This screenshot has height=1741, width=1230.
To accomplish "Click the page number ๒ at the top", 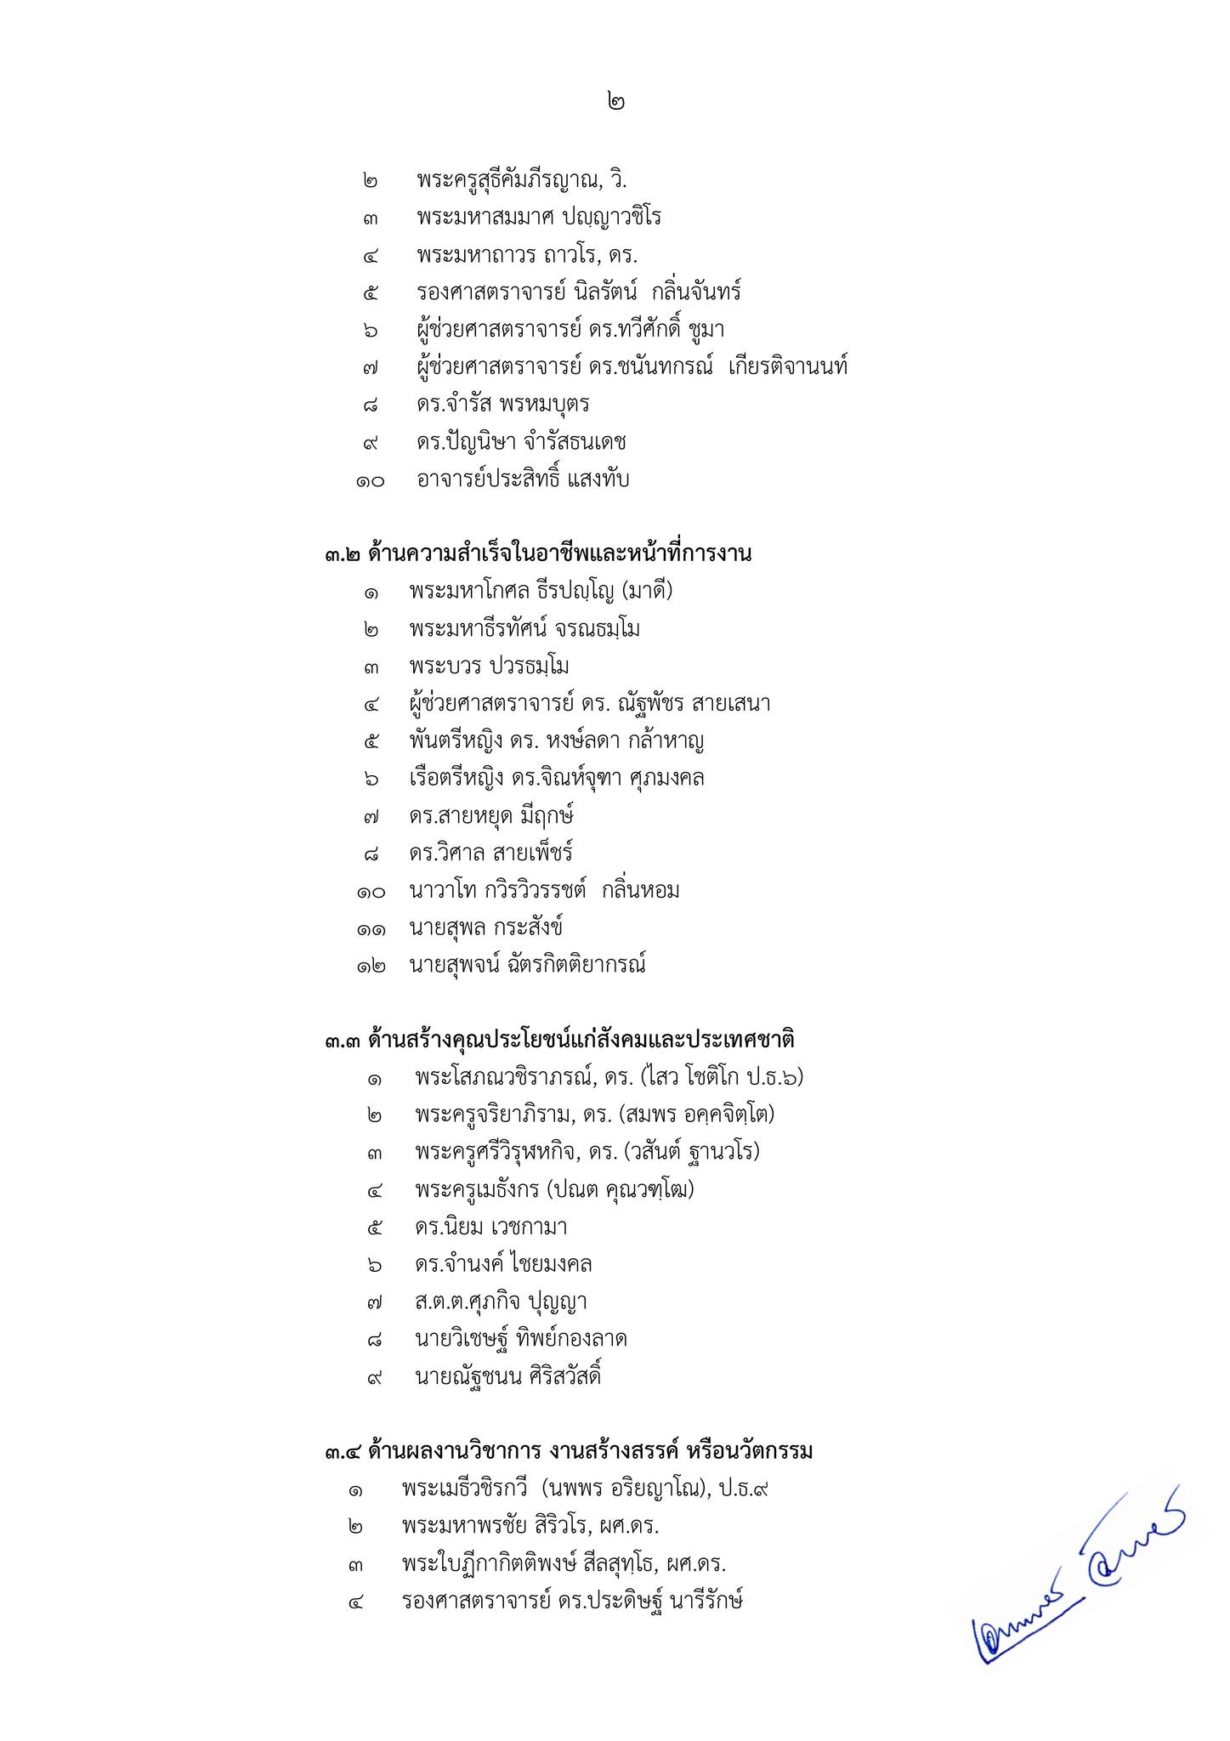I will click(616, 102).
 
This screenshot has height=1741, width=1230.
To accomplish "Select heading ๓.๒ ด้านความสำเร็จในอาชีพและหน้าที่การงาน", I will click(538, 555).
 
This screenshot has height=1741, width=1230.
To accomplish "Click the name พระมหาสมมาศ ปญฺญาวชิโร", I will click(539, 218).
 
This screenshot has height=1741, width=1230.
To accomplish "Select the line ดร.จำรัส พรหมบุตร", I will click(503, 405).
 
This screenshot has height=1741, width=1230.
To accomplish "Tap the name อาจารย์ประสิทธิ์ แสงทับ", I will click(523, 479).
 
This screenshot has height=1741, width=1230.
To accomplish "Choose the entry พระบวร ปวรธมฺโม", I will click(489, 666).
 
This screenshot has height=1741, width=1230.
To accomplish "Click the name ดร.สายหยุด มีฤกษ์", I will click(491, 816).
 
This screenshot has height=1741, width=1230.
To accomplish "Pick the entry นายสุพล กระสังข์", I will click(485, 927).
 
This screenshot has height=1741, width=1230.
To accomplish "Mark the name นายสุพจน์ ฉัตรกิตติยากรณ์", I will click(527, 965).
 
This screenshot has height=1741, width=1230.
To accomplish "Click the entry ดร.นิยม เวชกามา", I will click(491, 1227).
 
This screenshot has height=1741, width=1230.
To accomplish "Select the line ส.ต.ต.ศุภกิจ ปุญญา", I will click(502, 1301).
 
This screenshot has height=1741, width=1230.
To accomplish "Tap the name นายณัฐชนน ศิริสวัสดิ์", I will click(508, 1376).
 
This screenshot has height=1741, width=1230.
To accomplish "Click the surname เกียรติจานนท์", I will click(788, 367).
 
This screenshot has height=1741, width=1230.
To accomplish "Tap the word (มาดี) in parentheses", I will click(645, 591).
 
